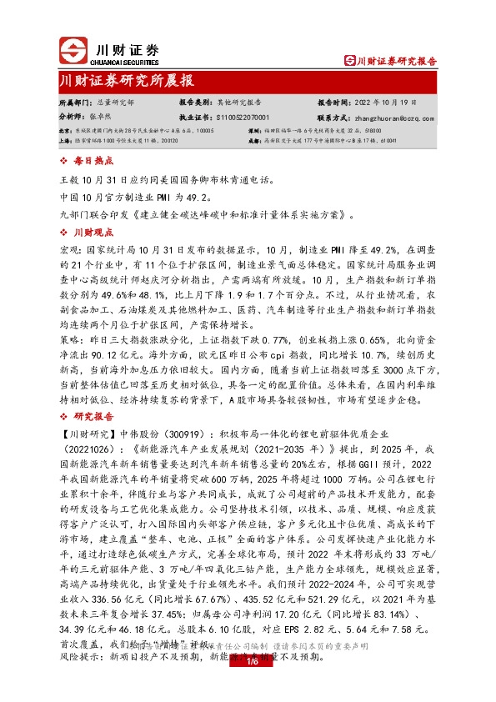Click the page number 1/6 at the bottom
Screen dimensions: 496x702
click(248, 685)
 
